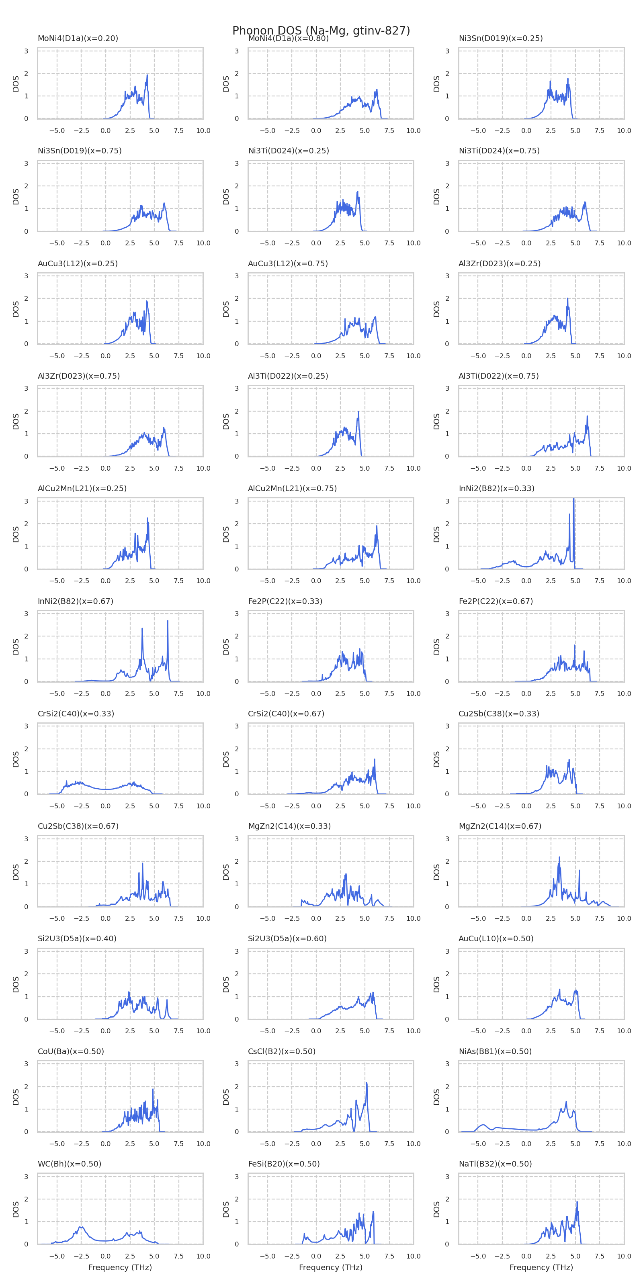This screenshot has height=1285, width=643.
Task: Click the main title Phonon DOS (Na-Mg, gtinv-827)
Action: (x=321, y=31)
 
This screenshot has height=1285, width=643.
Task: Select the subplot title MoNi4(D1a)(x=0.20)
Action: (x=78, y=39)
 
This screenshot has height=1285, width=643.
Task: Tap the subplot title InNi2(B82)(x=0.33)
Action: (x=496, y=488)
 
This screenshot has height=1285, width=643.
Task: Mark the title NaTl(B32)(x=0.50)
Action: (x=495, y=1164)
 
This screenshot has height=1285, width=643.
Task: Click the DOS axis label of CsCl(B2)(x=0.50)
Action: (x=226, y=1097)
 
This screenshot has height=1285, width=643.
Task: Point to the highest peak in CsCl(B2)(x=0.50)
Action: (x=367, y=1083)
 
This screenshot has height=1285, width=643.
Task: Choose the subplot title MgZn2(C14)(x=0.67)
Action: (x=500, y=826)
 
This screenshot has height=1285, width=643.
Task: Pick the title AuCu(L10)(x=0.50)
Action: (x=496, y=938)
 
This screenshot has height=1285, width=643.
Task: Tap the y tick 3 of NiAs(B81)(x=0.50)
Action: (x=447, y=1064)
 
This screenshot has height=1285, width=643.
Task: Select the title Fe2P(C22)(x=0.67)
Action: (x=496, y=601)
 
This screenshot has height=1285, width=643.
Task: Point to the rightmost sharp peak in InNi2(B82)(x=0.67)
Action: (x=168, y=621)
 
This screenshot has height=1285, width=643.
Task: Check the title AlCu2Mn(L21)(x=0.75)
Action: (x=292, y=488)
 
